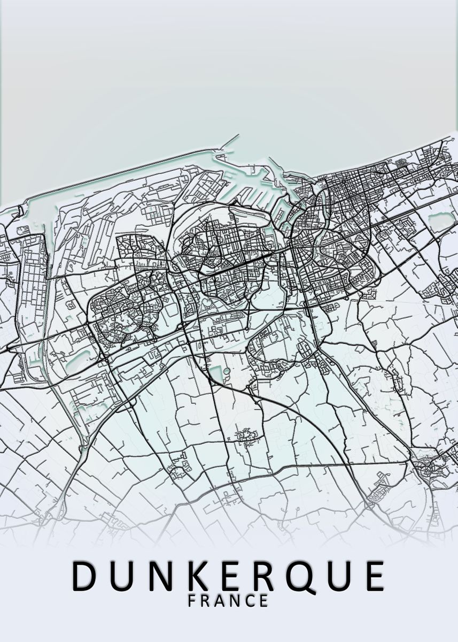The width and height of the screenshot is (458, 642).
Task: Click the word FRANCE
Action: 228,601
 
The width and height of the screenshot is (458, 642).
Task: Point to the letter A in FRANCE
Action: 220,601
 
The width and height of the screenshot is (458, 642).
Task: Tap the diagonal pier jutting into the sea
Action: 230,142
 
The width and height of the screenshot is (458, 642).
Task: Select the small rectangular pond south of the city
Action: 216,374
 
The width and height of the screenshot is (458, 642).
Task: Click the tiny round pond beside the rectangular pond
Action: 227,370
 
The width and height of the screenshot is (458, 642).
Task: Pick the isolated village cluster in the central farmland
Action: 246,436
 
